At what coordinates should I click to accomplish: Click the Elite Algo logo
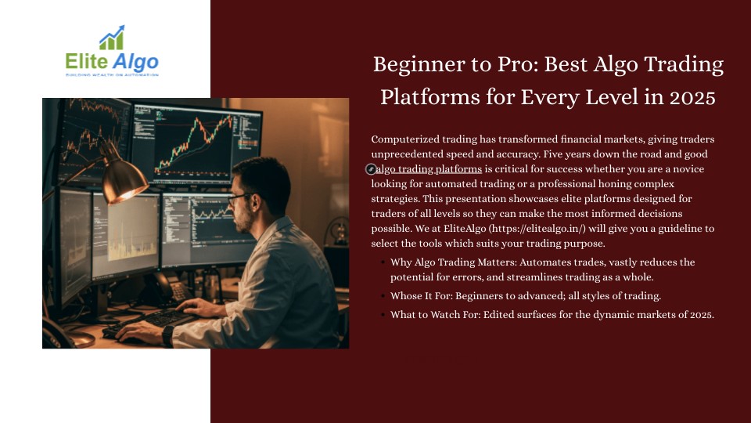[112, 52]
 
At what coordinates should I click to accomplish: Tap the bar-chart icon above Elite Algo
[112, 38]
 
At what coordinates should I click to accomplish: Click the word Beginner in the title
[418, 65]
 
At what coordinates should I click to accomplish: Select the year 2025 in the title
[692, 97]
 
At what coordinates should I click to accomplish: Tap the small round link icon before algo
[371, 169]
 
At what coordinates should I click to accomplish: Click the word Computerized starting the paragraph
[405, 139]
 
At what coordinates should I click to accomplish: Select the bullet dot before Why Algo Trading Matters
[383, 262]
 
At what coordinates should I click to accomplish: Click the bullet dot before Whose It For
[383, 296]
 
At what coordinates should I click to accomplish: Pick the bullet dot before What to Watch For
[383, 315]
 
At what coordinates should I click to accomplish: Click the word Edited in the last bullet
[498, 315]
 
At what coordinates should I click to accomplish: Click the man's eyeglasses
[239, 198]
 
